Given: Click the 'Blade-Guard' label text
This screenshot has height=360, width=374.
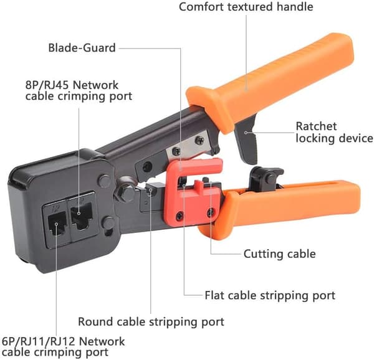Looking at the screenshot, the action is coord(82,48).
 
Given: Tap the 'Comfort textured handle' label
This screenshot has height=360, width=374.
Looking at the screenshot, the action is coord(246,6).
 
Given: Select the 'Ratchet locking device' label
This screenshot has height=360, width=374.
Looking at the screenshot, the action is coord(334,132).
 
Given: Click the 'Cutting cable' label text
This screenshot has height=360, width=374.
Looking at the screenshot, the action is coord(279,253).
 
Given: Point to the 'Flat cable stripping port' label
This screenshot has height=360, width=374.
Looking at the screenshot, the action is coord(270,295).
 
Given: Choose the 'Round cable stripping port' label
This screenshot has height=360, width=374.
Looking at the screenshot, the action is coord(151,321).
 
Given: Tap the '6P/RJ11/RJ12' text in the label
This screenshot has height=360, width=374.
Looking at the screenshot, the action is coord(39,342).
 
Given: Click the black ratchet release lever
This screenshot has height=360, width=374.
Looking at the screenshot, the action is coord(246,141).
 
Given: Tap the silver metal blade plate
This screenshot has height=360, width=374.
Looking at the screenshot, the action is coord(188,147).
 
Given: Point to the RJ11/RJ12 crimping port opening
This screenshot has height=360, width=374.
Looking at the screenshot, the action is coord(57,224).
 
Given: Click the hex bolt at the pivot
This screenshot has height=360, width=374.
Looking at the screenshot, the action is coord(126,192).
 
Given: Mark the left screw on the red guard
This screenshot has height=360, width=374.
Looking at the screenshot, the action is coord(180,216).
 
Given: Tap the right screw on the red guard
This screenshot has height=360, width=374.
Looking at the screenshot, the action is coord(211,212).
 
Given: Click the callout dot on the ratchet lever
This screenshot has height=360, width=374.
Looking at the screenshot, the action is coord(246,133).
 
